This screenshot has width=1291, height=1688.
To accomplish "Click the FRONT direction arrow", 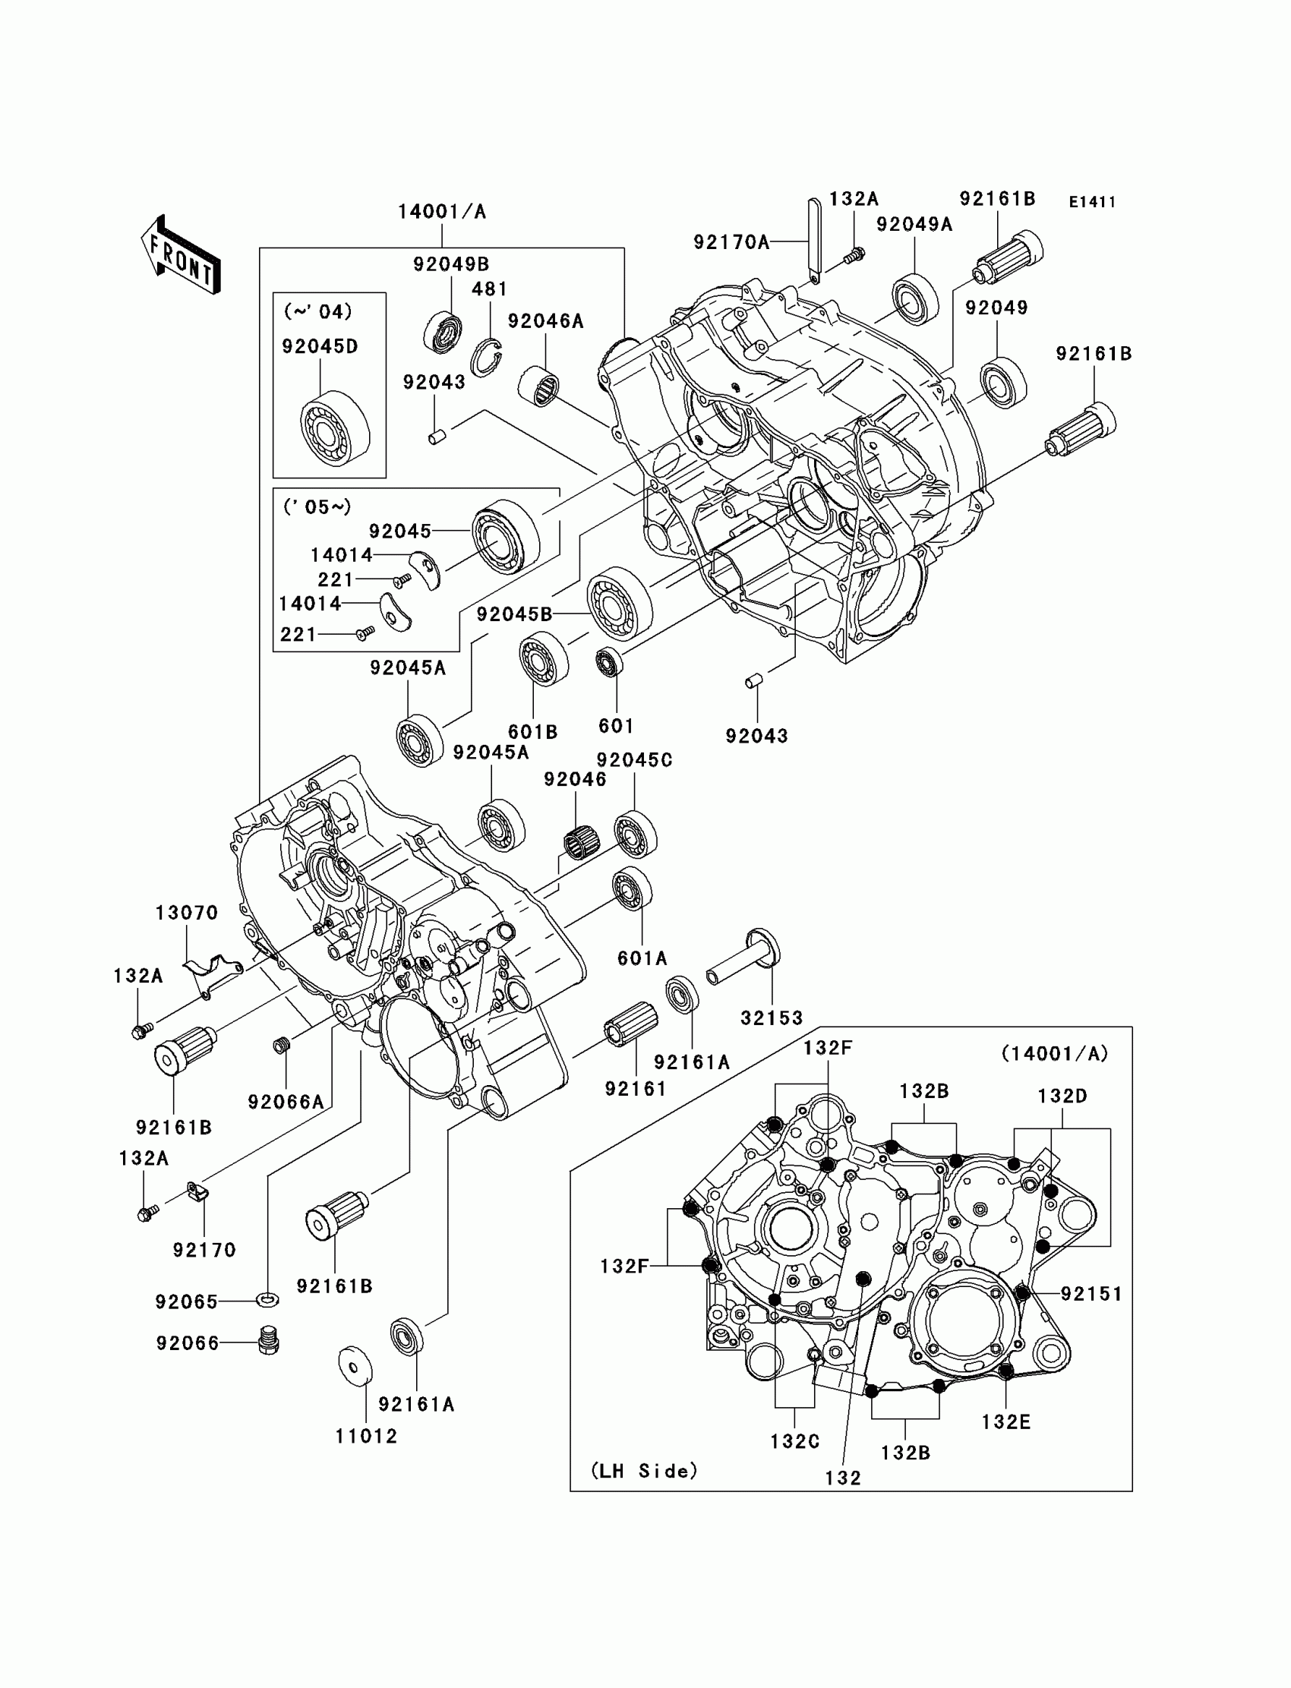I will coord(181,254).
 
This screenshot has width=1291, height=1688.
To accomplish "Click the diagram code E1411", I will coord(1092,202).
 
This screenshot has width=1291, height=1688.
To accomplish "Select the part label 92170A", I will coord(731,242).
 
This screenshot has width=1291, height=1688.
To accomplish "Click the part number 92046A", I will coord(545,321).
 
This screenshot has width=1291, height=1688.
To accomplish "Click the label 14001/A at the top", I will coord(442,211).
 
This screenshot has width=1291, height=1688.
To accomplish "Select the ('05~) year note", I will coord(317,507).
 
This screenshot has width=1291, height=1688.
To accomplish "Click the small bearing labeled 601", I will coord(609,661).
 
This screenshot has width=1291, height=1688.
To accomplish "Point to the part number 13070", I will coord(187,913).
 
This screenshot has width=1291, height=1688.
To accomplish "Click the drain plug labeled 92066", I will coord(267,1342).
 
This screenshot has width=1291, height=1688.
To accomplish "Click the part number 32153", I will coord(772,1018).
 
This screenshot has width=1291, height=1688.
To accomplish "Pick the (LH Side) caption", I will coord(644,1471).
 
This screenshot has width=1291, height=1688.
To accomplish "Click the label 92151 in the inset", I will coord(1091,1294).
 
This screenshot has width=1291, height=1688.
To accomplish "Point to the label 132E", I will coord(1005,1421).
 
